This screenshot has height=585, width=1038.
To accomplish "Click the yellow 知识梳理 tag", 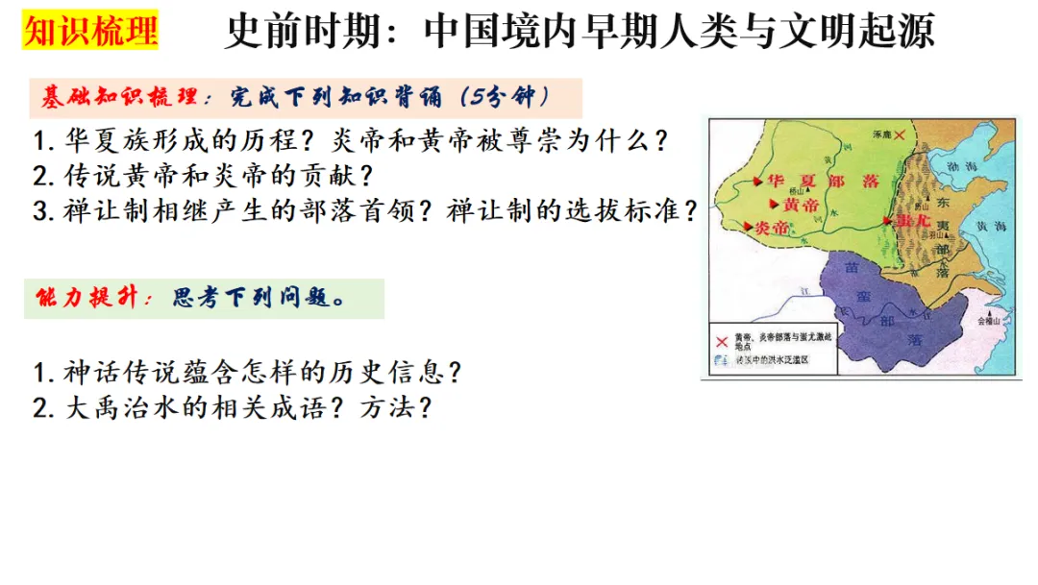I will pos(90,31).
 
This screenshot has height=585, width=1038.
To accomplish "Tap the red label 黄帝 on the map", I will pos(802,205).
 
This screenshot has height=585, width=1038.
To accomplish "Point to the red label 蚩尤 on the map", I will pos(908,220).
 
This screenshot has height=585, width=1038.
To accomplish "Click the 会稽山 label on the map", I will pos(990,321).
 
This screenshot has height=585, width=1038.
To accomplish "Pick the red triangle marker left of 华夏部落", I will pos(759,181).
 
